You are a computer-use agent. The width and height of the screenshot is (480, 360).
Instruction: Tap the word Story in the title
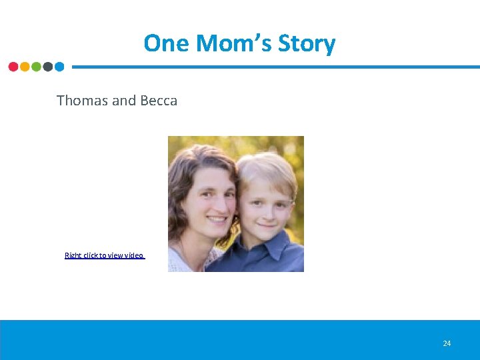point(306,44)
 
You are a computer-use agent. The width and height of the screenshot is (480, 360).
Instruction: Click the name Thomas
point(82,101)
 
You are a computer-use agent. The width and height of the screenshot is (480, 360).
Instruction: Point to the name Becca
point(159,101)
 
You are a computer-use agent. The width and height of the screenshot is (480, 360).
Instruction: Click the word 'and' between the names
point(124,101)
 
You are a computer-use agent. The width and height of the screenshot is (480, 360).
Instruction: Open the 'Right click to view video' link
point(104,255)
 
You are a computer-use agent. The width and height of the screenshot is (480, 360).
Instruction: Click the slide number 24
point(447,343)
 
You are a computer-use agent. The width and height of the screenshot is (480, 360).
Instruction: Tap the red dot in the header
point(13,67)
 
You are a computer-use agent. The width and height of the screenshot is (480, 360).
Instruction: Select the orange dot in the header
point(25,67)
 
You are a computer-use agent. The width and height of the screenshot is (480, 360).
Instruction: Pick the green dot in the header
point(36,67)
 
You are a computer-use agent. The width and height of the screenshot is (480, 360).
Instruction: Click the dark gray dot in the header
point(47,67)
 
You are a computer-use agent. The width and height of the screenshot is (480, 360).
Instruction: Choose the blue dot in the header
point(59,67)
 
